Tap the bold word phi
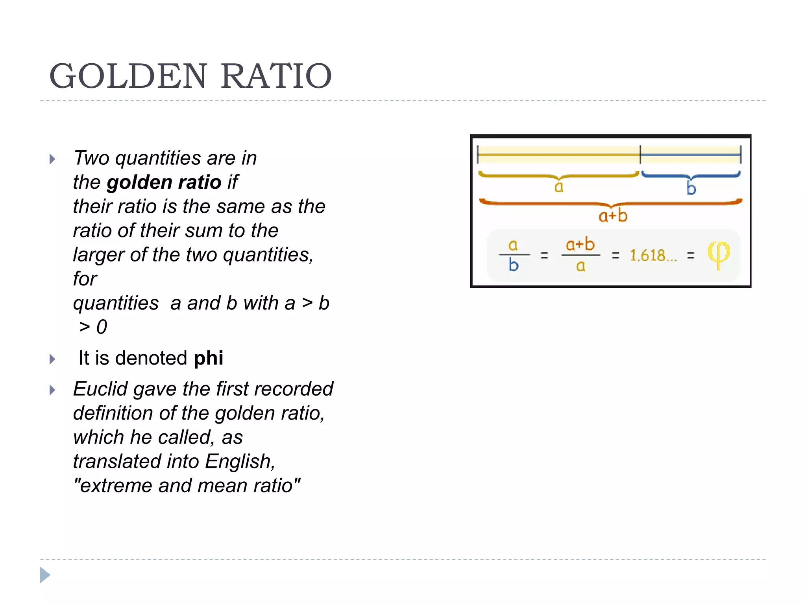pos(209,358)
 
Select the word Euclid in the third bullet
pos(101,389)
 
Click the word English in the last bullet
pos(240,462)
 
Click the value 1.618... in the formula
pos(653,256)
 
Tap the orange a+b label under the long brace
pos(613,216)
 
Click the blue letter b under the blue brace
pos(691,188)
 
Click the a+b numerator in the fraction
pos(580,245)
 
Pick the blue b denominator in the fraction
pos(514,265)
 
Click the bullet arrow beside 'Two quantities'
pos(52,159)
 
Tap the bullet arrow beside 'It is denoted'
pos(52,359)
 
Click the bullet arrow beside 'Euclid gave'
pos(52,390)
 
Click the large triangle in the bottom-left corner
pos(45,575)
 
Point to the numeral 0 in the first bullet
pos(102,327)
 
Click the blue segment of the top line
pos(690,155)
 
